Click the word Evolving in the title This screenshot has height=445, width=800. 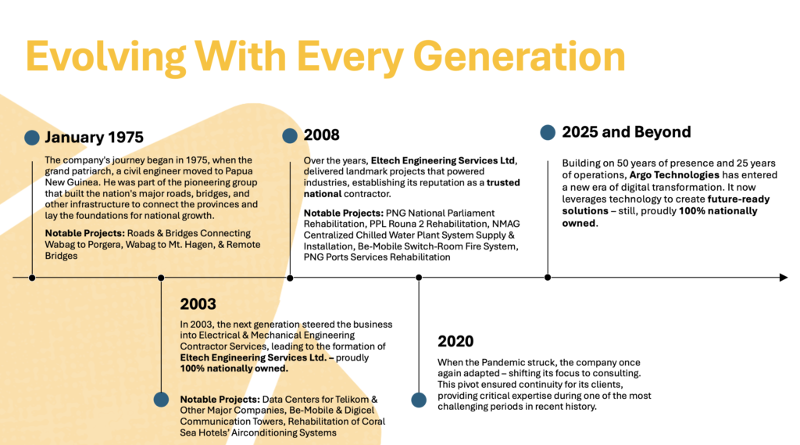105,57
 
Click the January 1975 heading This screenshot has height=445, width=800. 94,137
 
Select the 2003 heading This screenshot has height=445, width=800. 198,304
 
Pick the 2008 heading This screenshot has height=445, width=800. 321,135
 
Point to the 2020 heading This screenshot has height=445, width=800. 455,341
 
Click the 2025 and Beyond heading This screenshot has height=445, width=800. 627,132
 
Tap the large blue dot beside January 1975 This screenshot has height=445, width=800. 32,138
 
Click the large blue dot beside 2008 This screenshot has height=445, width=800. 290,135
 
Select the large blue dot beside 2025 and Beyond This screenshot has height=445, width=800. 548,132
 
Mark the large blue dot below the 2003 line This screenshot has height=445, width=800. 161,400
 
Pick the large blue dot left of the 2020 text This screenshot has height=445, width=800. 419,400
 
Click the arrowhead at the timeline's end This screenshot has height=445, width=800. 784,278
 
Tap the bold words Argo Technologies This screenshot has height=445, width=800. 674,175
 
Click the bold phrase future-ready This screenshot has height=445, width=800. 739,199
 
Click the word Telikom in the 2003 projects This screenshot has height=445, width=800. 354,400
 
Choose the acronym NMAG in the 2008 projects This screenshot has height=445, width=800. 506,224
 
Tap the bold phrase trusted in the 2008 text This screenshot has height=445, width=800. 503,183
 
